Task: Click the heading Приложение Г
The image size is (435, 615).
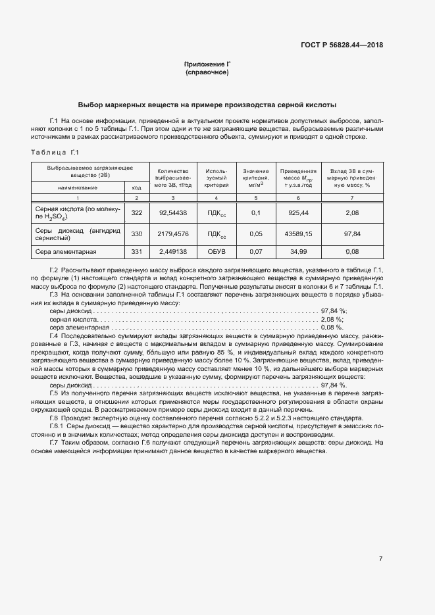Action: pyautogui.click(x=207, y=64)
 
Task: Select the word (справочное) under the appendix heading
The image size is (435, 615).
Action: pyautogui.click(x=207, y=72)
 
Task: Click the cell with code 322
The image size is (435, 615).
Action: pyautogui.click(x=137, y=212)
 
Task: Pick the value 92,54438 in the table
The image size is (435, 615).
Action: pyautogui.click(x=173, y=212)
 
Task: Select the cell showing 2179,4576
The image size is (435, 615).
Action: pyautogui.click(x=173, y=234)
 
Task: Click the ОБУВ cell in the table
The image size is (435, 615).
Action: pyautogui.click(x=216, y=252)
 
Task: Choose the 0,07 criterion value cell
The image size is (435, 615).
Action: pyautogui.click(x=257, y=252)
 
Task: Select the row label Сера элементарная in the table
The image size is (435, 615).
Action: pyautogui.click(x=66, y=252)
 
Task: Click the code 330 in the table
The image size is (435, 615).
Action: pyautogui.click(x=137, y=234)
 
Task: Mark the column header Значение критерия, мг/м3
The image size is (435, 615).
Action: pyautogui.click(x=257, y=177)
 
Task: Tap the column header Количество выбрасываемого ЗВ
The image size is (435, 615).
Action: pyautogui.click(x=173, y=177)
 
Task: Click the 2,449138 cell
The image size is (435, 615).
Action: pyautogui.click(x=173, y=252)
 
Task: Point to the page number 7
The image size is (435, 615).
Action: pyautogui.click(x=381, y=558)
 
